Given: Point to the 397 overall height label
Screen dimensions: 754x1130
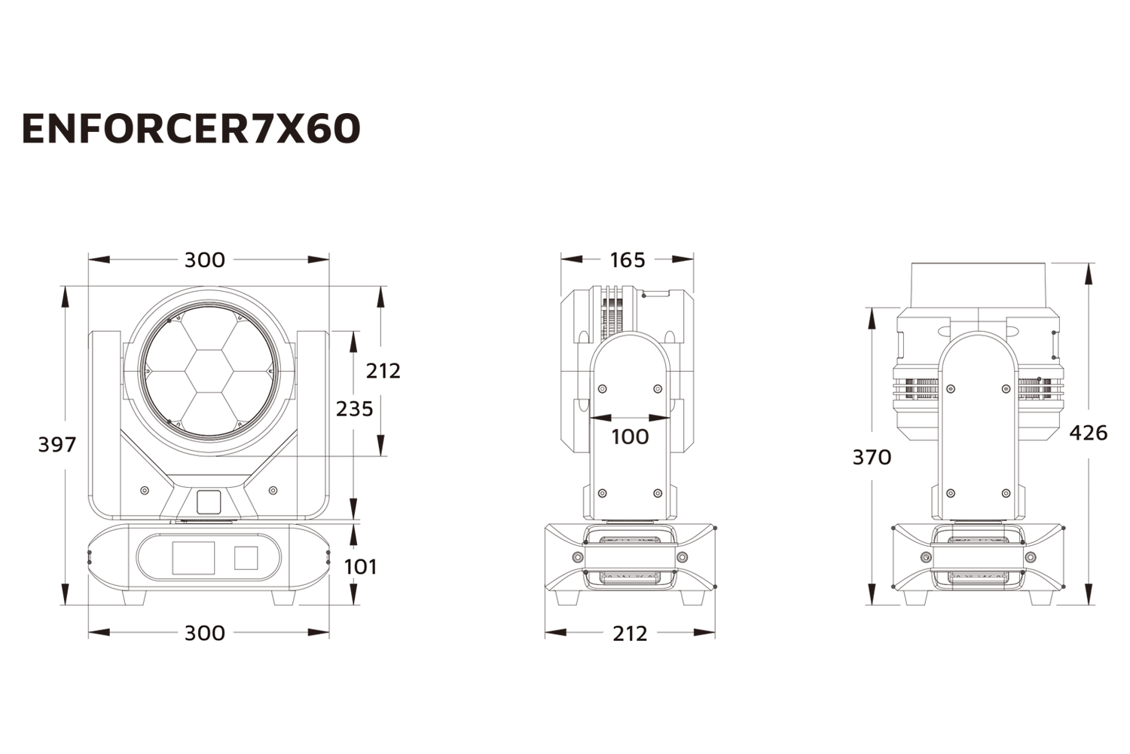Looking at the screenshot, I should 57,445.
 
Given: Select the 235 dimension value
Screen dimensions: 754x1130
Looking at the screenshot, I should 354,409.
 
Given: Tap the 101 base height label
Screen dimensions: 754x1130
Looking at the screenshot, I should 360,566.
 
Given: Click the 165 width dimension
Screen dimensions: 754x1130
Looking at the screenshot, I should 627,260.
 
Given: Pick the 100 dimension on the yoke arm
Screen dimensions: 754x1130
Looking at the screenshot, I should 630,437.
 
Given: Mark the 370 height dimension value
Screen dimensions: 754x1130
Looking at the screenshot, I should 872,457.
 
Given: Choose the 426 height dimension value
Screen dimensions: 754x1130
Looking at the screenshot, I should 1089,433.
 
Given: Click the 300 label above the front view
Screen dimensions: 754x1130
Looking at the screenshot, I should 205,260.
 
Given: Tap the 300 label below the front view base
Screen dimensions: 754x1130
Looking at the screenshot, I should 205,633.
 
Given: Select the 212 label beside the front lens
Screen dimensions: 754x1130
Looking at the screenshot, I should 383,371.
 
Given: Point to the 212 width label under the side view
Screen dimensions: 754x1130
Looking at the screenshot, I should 630,633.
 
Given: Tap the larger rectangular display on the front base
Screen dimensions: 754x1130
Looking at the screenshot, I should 194,558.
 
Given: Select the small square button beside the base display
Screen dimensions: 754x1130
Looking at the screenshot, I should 246,558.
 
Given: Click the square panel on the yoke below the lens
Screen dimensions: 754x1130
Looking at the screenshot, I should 209,502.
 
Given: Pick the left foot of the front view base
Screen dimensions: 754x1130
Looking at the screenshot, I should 135,597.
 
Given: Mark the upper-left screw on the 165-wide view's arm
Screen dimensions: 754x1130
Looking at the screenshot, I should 601,389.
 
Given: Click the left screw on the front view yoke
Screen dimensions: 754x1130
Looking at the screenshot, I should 145,491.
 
